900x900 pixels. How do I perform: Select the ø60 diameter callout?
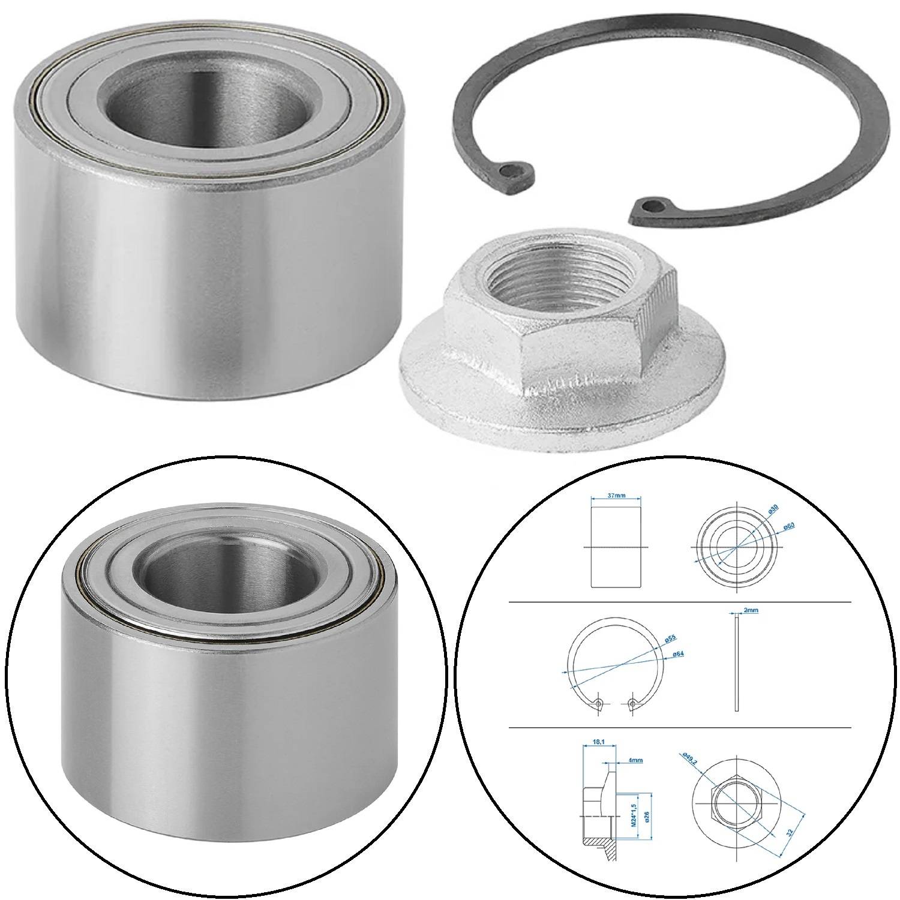click(790, 526)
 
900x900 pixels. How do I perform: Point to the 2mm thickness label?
click(751, 610)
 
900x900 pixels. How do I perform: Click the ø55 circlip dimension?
click(671, 640)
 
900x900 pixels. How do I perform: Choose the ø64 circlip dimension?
click(680, 653)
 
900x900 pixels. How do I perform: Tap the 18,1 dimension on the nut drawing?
click(598, 742)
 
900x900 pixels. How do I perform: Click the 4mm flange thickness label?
click(635, 760)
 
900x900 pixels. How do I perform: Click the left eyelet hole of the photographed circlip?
click(511, 171)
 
